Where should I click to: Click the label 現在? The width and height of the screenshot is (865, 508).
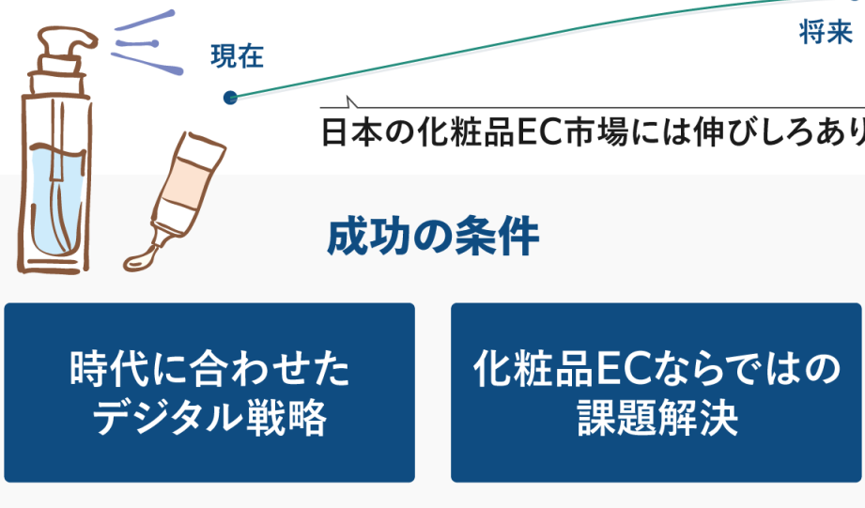pos(238,56)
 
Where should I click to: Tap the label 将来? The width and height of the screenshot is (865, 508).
pos(826,32)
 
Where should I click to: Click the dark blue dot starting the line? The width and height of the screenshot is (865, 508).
pos(231,98)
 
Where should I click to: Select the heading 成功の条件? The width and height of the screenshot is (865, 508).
pos(433,237)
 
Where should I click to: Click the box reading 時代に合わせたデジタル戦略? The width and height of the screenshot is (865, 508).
pos(209,393)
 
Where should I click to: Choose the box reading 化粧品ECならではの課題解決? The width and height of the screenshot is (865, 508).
pos(656,393)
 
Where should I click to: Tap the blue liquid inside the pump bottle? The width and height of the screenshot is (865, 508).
pos(56,198)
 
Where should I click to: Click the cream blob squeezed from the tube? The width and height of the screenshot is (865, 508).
pos(142,259)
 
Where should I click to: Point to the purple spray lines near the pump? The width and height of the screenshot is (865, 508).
pos(147,43)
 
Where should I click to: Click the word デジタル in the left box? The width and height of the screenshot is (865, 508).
pos(168,417)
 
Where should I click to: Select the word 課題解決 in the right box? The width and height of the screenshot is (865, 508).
pos(657,417)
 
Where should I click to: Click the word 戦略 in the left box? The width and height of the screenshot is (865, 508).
pos(286,417)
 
